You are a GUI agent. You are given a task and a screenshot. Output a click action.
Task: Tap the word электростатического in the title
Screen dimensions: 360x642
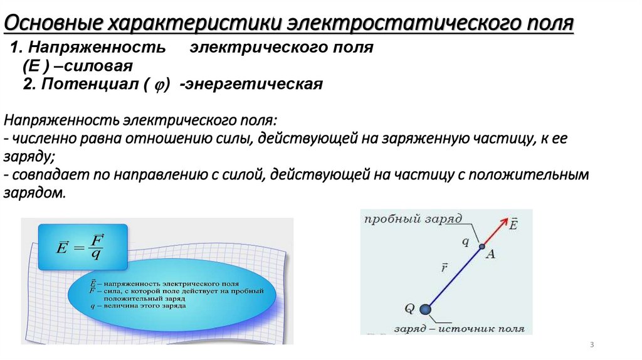(x=399, y=24)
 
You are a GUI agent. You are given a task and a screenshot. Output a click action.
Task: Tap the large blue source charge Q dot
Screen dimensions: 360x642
(x=426, y=309)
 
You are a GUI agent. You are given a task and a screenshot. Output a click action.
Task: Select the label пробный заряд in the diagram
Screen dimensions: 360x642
(x=412, y=218)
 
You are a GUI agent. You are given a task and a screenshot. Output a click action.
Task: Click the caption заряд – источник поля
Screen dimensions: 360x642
(x=448, y=328)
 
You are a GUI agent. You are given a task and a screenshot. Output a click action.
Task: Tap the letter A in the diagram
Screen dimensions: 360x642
(x=491, y=254)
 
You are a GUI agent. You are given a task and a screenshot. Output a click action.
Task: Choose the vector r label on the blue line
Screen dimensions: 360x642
(x=443, y=268)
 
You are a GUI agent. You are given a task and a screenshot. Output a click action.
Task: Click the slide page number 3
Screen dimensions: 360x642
(x=592, y=346)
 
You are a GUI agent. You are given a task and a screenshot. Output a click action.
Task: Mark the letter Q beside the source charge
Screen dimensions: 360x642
(x=409, y=308)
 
